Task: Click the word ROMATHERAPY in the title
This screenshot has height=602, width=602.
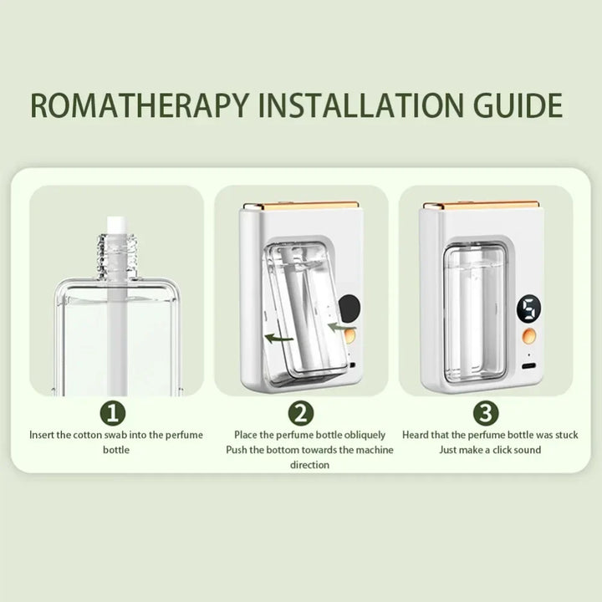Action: coord(140,105)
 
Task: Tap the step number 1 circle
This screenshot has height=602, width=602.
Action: coord(113,414)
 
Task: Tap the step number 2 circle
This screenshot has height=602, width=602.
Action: coord(301,414)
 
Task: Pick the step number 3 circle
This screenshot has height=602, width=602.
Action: coord(486,414)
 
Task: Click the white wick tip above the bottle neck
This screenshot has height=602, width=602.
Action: coord(117,226)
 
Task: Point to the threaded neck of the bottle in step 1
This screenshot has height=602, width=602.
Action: coord(118,255)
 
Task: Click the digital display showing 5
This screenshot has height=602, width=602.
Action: coord(528,309)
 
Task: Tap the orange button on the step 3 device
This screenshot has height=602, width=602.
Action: coord(528,336)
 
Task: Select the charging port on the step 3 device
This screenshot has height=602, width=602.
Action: coord(529,366)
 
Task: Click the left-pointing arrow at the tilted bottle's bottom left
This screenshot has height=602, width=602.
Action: coord(279,339)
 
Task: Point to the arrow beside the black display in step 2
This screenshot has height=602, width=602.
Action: coord(341,327)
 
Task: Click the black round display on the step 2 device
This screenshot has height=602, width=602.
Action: coord(349,309)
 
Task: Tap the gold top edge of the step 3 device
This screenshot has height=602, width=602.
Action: coord(481,206)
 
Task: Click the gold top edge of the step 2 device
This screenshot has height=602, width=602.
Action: coord(301,206)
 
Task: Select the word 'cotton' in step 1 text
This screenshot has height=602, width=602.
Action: coord(88,435)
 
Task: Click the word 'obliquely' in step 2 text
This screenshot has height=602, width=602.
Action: coord(365,436)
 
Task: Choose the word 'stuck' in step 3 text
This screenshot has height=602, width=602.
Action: coord(566,435)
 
